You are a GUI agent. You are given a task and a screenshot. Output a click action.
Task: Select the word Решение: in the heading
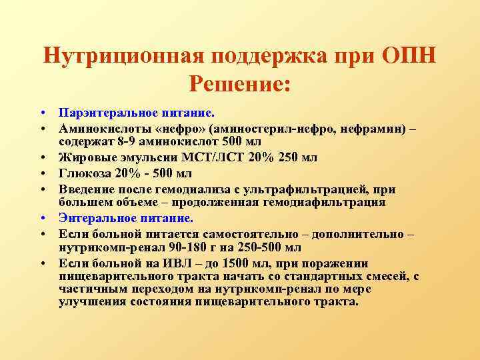[x=240, y=84]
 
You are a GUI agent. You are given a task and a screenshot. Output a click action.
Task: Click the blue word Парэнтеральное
[x=100, y=114]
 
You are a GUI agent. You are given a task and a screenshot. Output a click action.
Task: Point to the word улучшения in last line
[x=88, y=302]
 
